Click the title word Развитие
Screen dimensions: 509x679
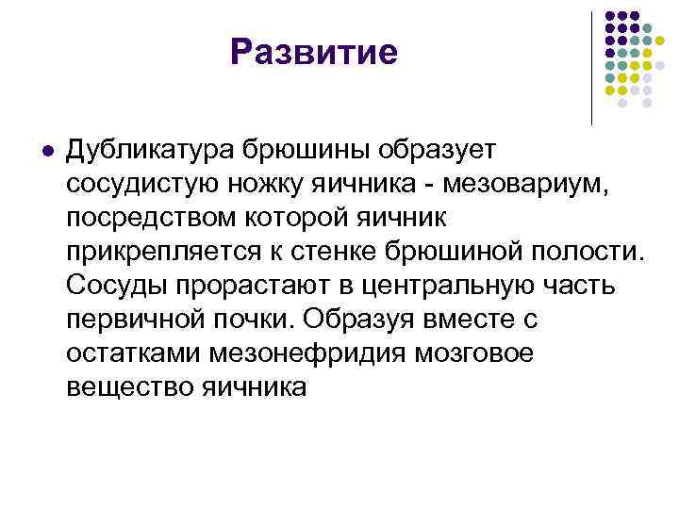click(x=314, y=52)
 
